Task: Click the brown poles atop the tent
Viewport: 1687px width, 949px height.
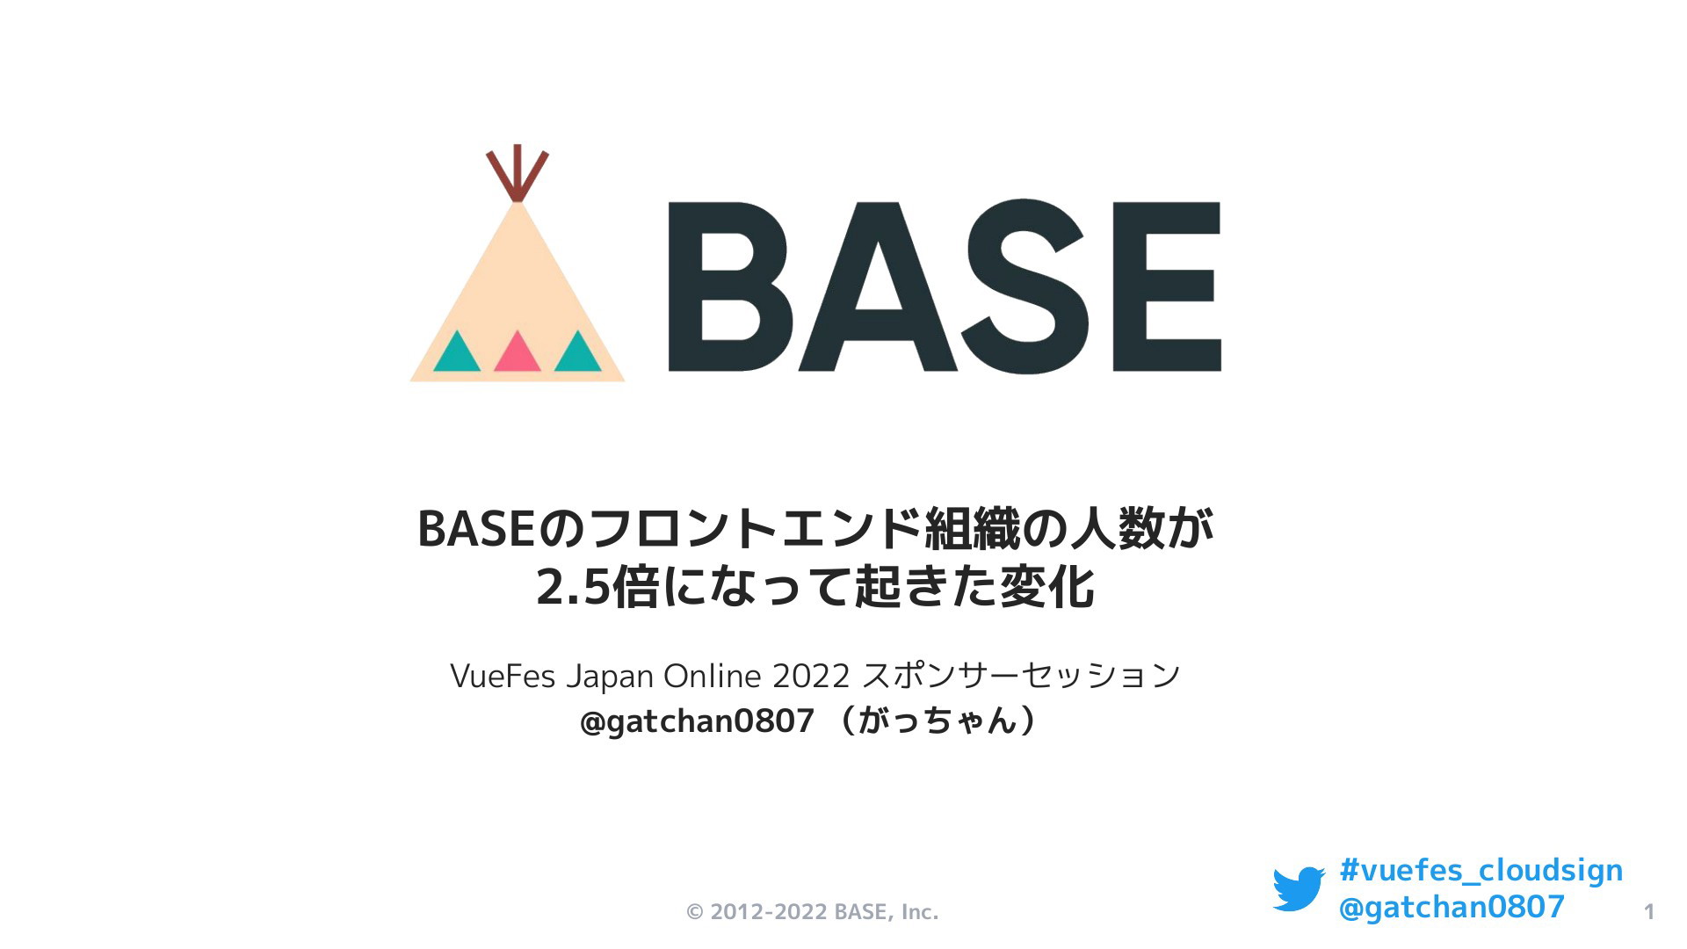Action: click(518, 173)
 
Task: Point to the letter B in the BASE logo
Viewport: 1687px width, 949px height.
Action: click(730, 286)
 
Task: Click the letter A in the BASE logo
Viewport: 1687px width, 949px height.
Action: click(878, 286)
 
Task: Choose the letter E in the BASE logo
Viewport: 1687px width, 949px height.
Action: click(1167, 286)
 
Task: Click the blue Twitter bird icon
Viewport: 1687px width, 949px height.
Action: click(1299, 888)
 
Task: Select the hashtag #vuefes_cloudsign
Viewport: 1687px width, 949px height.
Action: click(1481, 871)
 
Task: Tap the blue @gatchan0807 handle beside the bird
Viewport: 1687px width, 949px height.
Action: click(1452, 907)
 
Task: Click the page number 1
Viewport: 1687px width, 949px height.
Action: click(1649, 912)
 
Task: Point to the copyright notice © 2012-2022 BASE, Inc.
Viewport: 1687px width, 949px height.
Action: click(813, 912)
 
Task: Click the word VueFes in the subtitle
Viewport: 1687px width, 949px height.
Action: click(503, 676)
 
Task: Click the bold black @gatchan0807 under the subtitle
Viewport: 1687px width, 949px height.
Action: click(698, 721)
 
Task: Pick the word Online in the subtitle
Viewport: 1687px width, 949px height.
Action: click(712, 676)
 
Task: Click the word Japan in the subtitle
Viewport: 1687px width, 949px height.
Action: click(609, 677)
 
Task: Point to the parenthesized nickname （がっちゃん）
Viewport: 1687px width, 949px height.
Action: click(938, 721)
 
